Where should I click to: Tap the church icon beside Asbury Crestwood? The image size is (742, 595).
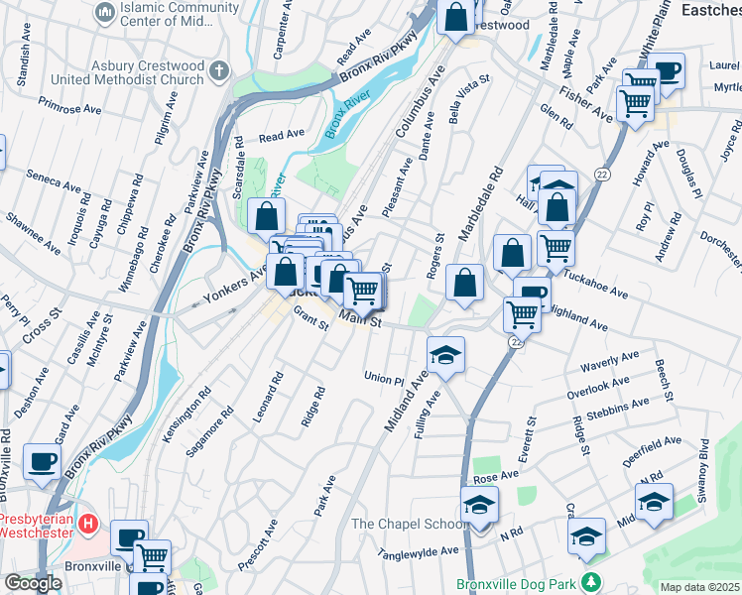219,71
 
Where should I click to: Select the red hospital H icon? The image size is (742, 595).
88,522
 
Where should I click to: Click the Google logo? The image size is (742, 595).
32,583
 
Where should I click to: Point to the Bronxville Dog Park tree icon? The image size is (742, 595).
591,582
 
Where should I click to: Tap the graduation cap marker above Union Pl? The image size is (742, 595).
446,355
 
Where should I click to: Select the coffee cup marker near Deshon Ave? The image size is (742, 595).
42,461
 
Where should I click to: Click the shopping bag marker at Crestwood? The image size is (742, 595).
455,17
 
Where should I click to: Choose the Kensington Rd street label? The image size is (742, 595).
188,421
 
